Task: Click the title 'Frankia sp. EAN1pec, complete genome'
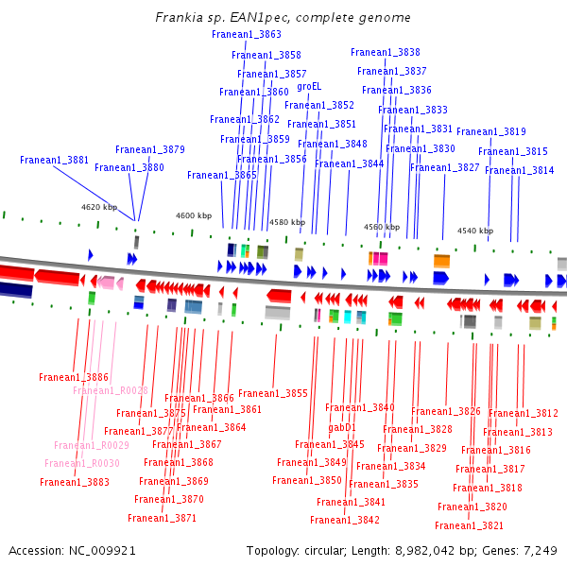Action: coord(283,17)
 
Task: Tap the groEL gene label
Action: coord(309,86)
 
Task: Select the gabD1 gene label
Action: coord(342,428)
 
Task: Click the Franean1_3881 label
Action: coord(54,160)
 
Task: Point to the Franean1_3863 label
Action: coord(247,34)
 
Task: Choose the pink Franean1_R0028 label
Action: coord(111,390)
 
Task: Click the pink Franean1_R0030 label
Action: coord(82,463)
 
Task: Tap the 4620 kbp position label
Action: coord(99,207)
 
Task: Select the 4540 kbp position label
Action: coord(475,231)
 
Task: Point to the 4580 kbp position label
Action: coord(287,222)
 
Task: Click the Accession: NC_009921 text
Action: coord(72,551)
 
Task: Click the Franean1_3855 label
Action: coord(273,393)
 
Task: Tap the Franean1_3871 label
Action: coord(162,518)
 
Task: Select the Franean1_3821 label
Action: coord(469,525)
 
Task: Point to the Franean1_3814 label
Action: coord(519,170)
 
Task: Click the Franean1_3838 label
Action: coord(386,52)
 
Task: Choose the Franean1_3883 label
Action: coord(75,482)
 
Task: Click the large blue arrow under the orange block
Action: coord(441,278)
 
